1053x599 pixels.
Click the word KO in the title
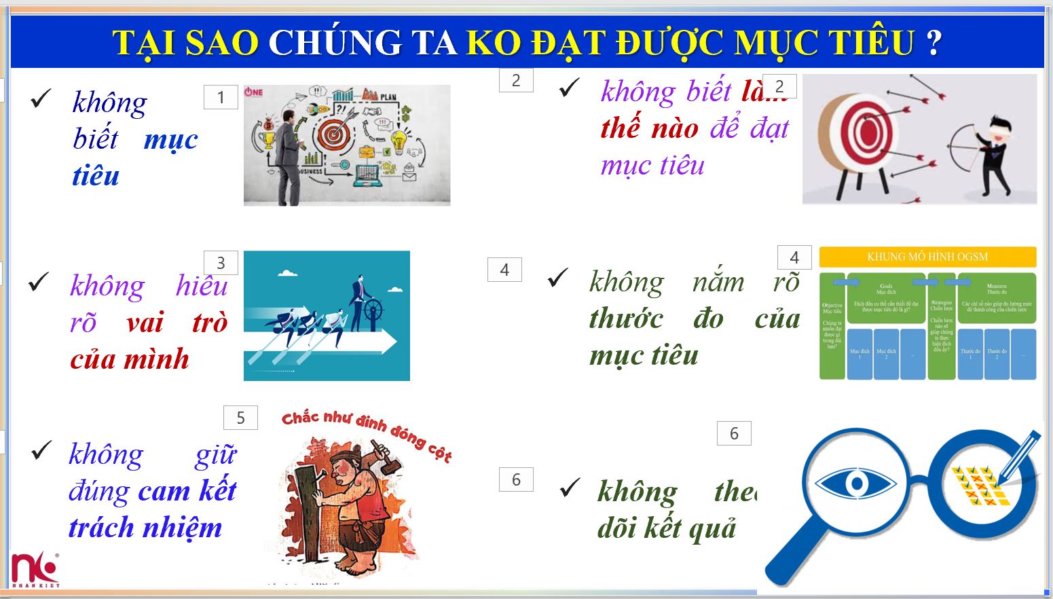[x=494, y=42]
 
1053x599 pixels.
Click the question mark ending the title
[x=934, y=42]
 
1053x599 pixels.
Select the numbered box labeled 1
[x=221, y=97]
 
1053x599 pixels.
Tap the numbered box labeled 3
[x=221, y=263]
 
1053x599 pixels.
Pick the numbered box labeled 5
[x=240, y=418]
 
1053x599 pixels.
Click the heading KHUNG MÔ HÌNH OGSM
[x=927, y=257]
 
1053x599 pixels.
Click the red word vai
[x=145, y=323]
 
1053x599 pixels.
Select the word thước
[x=626, y=319]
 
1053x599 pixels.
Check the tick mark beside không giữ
[x=41, y=450]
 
